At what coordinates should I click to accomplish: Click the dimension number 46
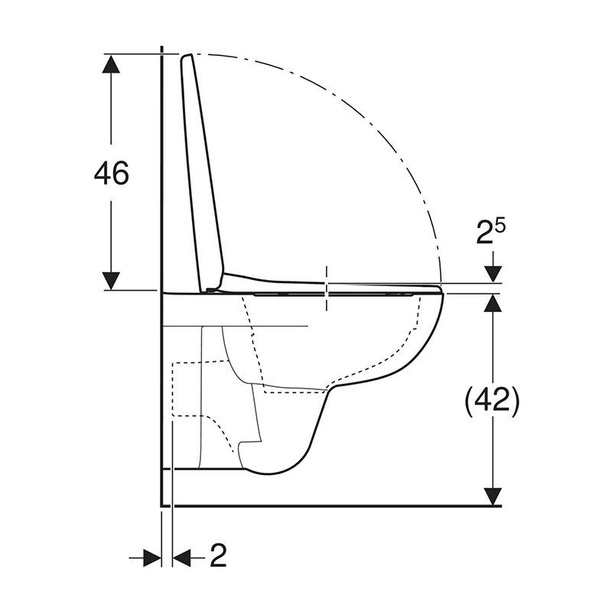[x=111, y=173]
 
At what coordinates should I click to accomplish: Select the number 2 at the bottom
[x=218, y=556]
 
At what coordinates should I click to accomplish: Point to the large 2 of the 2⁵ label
[x=485, y=234]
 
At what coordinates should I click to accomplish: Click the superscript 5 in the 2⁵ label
[x=501, y=226]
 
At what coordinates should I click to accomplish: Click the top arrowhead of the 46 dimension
[x=111, y=63]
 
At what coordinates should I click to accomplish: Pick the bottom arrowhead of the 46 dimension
[x=111, y=281]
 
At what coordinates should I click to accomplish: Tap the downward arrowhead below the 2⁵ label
[x=493, y=274]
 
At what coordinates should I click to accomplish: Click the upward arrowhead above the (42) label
[x=493, y=302]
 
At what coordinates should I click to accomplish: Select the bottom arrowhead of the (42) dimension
[x=493, y=496]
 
